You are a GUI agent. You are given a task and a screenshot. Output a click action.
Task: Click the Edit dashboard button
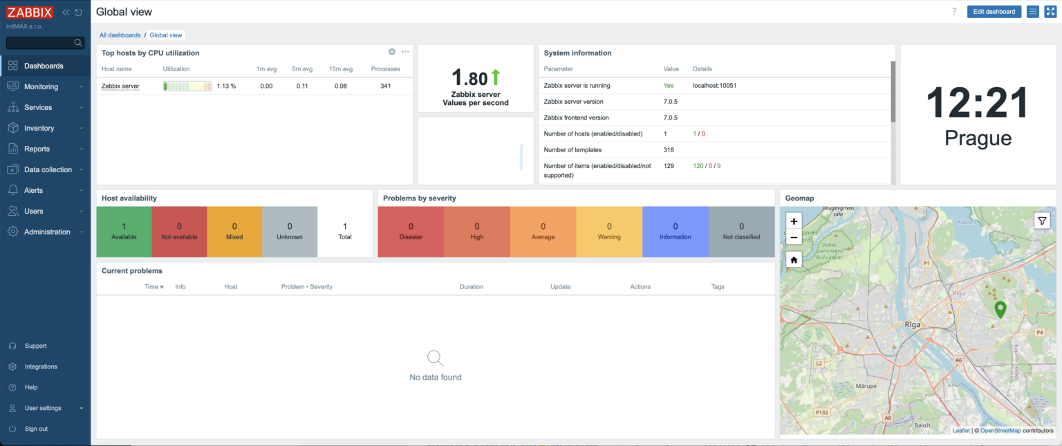coord(994,12)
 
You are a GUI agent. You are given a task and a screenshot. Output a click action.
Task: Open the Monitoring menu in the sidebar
coord(41,86)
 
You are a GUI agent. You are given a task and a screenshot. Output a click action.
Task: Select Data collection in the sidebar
coord(48,169)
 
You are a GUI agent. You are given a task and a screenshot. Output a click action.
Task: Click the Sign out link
coord(36,429)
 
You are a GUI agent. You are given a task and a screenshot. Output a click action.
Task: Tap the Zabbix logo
coord(30,12)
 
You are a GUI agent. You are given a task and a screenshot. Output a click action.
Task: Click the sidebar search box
coord(41,43)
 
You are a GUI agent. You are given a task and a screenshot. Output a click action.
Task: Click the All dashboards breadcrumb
coord(120,35)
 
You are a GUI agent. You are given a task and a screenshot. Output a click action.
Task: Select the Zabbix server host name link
coord(120,86)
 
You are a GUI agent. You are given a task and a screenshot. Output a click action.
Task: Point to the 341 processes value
coord(385,86)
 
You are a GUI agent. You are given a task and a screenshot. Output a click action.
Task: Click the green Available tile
coord(124,232)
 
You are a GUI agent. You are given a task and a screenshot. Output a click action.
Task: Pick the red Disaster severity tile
coord(411,232)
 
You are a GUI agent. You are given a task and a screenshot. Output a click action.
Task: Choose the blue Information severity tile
coord(675,232)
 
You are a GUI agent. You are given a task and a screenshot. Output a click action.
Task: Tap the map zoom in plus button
coord(794,221)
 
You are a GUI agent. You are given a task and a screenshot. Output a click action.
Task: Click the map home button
coord(794,260)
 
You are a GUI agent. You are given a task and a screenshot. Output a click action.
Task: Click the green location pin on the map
coord(999,309)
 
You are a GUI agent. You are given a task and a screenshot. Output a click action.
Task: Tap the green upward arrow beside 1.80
coord(495,77)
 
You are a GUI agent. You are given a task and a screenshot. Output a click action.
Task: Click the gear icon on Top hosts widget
coord(392,52)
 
